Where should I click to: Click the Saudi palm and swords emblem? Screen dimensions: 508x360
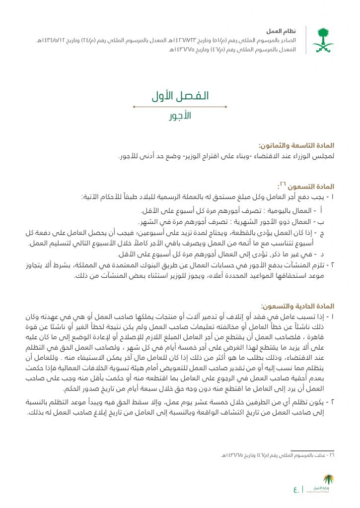(x=323, y=40)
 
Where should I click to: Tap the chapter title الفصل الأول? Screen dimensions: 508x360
(x=180, y=96)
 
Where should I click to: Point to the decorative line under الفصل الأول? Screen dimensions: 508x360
(x=180, y=106)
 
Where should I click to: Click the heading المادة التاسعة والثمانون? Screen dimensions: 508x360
(x=296, y=146)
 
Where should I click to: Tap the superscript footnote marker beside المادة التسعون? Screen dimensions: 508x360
(x=282, y=185)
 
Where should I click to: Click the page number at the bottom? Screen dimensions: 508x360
(x=296, y=490)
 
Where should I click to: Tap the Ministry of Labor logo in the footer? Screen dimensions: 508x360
(x=326, y=484)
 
